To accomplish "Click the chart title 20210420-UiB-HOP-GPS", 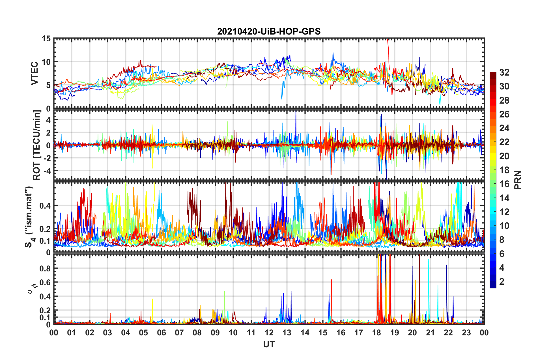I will pyautogui.click(x=269, y=31).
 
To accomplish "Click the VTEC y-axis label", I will pyautogui.click(x=35, y=73).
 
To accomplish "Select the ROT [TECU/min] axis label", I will pyautogui.click(x=37, y=145).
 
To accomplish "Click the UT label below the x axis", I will pyautogui.click(x=269, y=344).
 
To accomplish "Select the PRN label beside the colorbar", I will pyautogui.click(x=518, y=180).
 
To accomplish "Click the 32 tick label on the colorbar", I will pyautogui.click(x=504, y=73).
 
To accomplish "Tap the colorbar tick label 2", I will pyautogui.click(x=502, y=282).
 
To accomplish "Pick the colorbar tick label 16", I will pyautogui.click(x=504, y=184).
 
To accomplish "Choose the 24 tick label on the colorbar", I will pyautogui.click(x=504, y=128).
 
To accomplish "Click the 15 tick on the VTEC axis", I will pyautogui.click(x=46, y=38).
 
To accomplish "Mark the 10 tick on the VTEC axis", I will pyautogui.click(x=46, y=62).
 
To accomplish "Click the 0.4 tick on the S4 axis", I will pyautogui.click(x=45, y=206).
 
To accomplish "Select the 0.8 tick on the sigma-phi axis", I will pyautogui.click(x=45, y=269).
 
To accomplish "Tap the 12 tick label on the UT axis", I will pyautogui.click(x=269, y=333).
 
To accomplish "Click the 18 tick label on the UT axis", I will pyautogui.click(x=376, y=333).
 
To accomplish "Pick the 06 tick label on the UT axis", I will pyautogui.click(x=161, y=333).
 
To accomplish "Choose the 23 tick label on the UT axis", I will pyautogui.click(x=466, y=333).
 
